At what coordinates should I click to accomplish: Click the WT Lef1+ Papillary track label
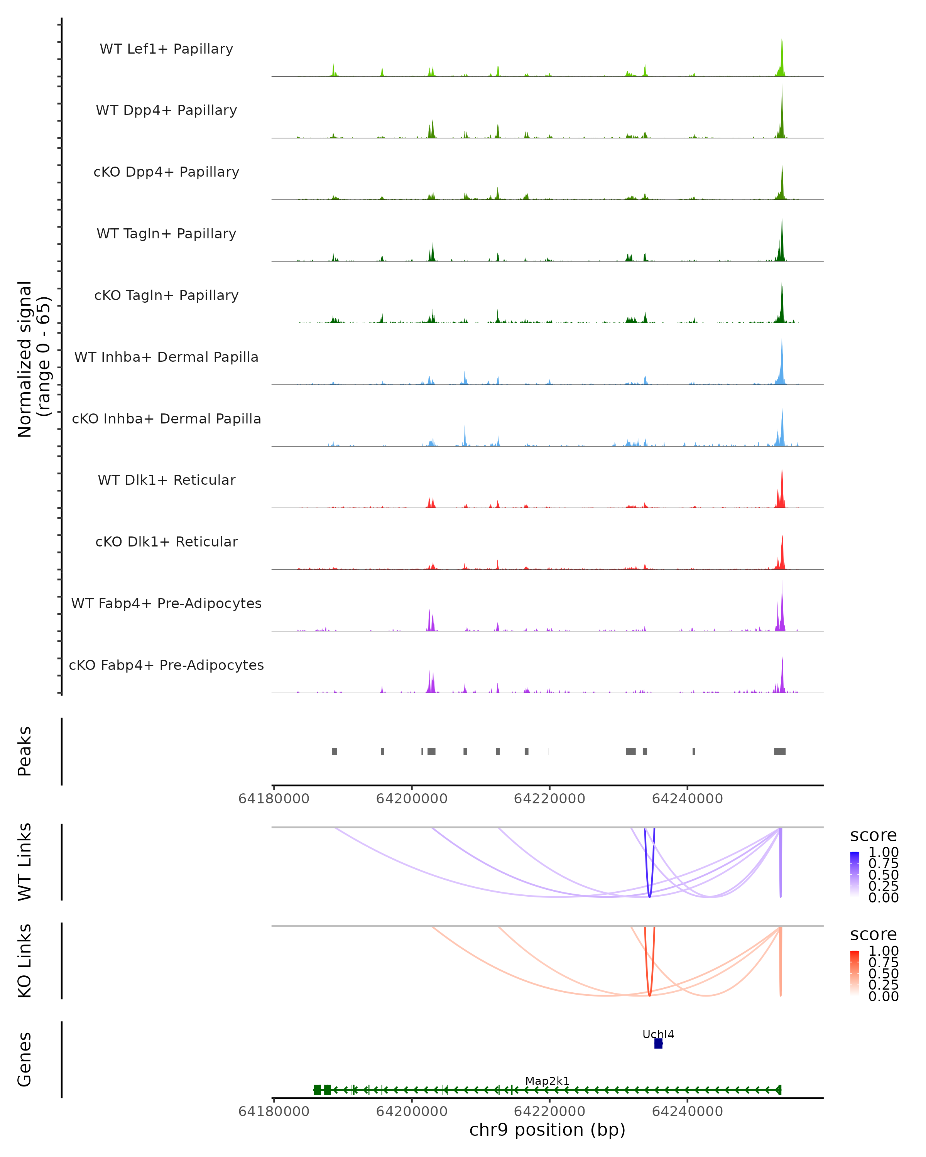pyautogui.click(x=166, y=49)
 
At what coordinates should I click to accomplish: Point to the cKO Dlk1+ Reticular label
pyautogui.click(x=166, y=541)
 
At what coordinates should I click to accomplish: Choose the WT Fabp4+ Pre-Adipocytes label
pyautogui.click(x=166, y=603)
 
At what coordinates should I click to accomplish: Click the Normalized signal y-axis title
pyautogui.click(x=33, y=359)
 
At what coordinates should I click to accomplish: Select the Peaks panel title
pyautogui.click(x=25, y=751)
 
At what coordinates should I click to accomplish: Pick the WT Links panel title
pyautogui.click(x=25, y=862)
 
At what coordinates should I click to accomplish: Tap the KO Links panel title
pyautogui.click(x=25, y=961)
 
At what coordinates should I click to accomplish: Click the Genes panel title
pyautogui.click(x=25, y=1059)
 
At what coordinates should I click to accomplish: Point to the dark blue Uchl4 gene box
pyautogui.click(x=658, y=1044)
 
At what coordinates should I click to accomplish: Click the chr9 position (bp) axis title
pyautogui.click(x=547, y=1130)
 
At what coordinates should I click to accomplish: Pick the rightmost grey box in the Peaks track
pyautogui.click(x=779, y=751)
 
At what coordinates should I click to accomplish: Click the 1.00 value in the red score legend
pyautogui.click(x=884, y=951)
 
